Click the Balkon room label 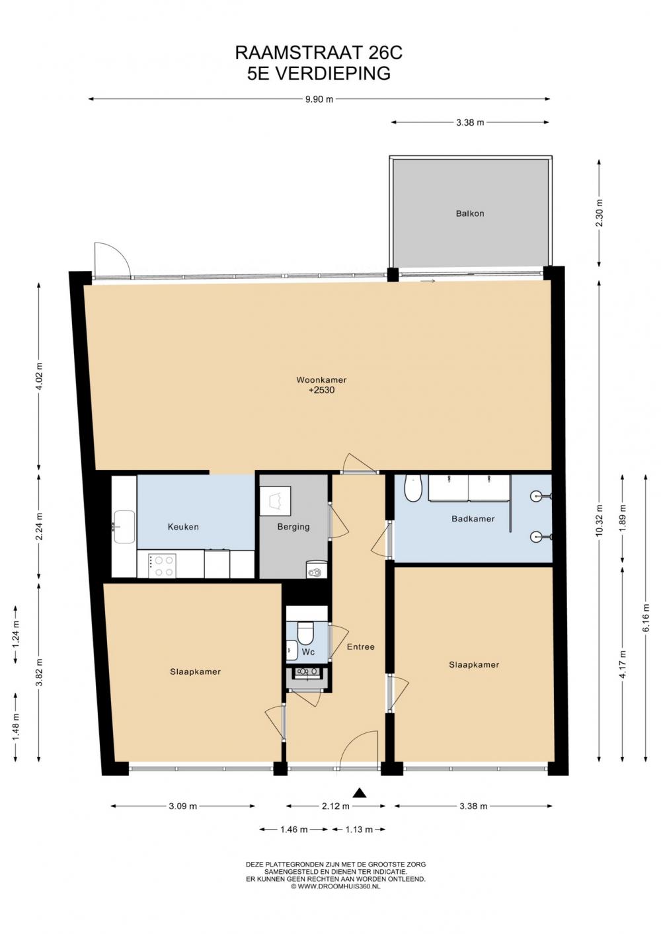pos(469,214)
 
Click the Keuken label pos(183,527)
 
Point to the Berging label pos(293,527)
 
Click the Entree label pos(361,646)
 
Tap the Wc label pos(308,652)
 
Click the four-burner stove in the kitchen pos(163,566)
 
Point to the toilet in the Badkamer pos(413,488)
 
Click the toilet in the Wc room pos(305,633)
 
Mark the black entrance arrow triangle pos(360,793)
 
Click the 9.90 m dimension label pos(319,99)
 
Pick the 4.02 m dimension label pos(39,376)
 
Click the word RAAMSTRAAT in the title pos(299,53)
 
